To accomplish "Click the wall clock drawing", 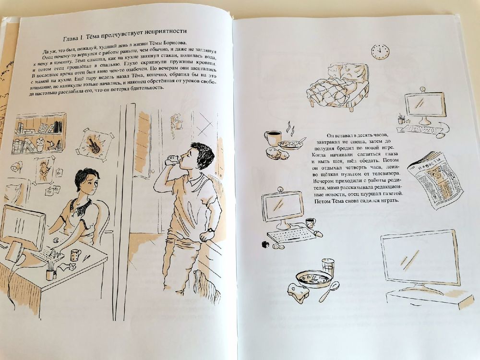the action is tap(381, 51).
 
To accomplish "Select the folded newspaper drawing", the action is tap(435, 180).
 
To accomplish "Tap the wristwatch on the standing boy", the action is tap(211, 230).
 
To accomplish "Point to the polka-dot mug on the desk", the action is tap(75, 255).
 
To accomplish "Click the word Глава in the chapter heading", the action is tap(72, 38).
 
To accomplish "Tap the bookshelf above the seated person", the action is tap(39, 133).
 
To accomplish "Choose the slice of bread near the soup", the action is tap(298, 292).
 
